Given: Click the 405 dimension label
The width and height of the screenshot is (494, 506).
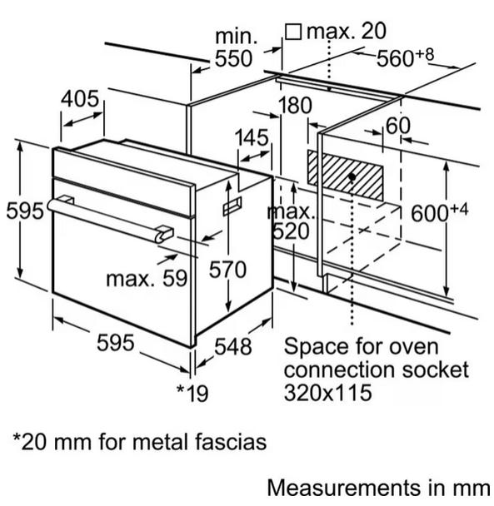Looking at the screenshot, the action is (80, 99).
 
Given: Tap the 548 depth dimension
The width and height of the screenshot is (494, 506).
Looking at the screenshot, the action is (233, 347).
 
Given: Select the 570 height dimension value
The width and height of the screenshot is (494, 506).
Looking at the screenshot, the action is (227, 270).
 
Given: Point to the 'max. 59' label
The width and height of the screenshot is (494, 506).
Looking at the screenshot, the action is (147, 279).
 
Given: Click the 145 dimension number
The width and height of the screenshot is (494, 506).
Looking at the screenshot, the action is (252, 138).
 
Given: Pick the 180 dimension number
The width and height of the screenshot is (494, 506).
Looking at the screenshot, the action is (295, 105).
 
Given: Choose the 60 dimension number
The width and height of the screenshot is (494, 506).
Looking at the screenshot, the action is (398, 126).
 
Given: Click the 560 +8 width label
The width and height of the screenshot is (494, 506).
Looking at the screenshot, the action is (405, 57).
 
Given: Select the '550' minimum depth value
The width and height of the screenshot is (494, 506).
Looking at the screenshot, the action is (233, 59).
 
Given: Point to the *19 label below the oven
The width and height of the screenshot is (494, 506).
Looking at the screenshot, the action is (192, 394).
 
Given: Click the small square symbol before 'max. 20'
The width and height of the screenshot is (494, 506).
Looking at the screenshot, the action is (293, 32).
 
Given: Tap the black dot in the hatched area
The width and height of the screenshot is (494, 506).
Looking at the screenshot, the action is (352, 177).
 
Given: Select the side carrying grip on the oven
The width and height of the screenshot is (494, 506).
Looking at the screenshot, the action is (232, 206).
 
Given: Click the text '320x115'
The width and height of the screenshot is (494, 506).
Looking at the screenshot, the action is (328, 393).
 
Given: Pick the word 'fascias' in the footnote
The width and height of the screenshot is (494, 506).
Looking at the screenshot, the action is (231, 442).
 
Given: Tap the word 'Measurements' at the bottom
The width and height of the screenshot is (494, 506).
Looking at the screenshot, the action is (342, 488).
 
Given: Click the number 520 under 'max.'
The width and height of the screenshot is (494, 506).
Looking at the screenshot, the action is (291, 231).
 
